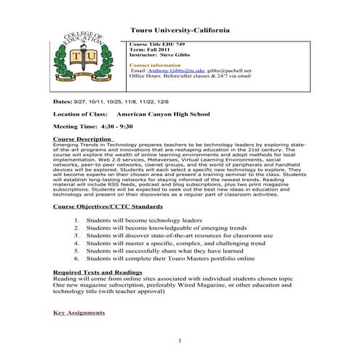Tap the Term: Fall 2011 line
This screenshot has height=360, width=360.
[x=148, y=49]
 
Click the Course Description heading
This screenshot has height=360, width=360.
[x=83, y=138]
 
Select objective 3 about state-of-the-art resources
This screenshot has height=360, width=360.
[x=179, y=236]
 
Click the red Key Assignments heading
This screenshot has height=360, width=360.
[x=79, y=313]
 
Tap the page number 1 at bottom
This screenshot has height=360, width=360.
[x=180, y=340]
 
